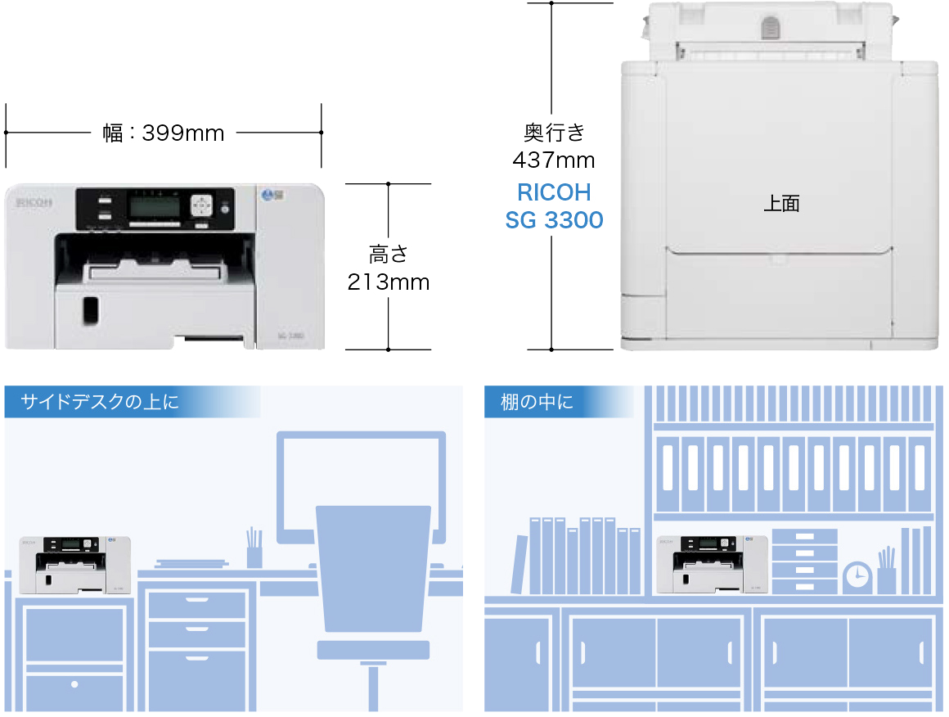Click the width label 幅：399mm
[164, 133]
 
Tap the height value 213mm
[388, 283]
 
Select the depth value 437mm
[553, 159]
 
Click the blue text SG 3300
[554, 220]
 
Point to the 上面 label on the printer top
[780, 204]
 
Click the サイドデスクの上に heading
[99, 402]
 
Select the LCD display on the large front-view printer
[154, 207]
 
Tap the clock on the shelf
[857, 578]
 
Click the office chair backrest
[373, 565]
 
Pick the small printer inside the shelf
[711, 565]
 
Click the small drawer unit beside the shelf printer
[804, 561]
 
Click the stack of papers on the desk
[191, 563]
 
